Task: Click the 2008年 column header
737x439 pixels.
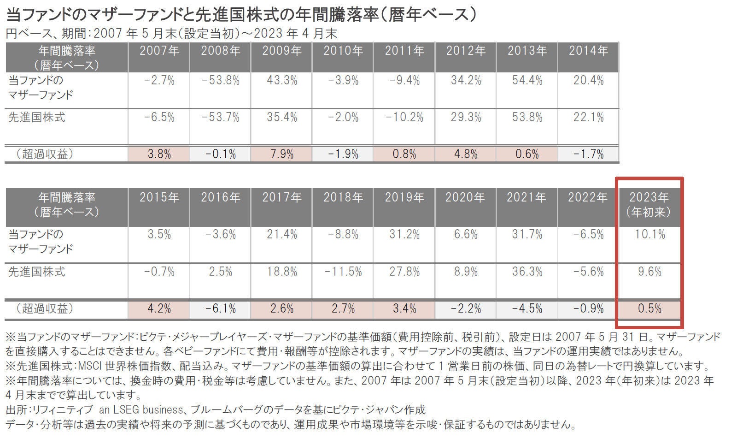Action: [220, 51]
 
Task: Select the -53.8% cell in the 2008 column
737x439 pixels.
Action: [220, 81]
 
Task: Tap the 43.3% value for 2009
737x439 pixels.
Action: [282, 81]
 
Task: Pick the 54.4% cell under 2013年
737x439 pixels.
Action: [527, 81]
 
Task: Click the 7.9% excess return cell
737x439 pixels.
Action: [282, 154]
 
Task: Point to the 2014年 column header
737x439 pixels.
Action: [588, 51]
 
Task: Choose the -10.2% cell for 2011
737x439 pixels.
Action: [404, 118]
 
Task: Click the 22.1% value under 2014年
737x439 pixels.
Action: [588, 118]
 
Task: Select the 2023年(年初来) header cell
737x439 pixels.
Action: [649, 204]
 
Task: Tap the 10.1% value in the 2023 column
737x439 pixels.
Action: [649, 235]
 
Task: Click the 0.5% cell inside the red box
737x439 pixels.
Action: [649, 308]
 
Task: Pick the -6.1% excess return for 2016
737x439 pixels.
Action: [220, 308]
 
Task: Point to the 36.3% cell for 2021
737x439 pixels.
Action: [527, 272]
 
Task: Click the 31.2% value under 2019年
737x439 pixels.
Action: [404, 235]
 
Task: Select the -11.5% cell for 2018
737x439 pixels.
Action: [343, 272]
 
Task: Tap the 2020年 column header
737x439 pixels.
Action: [465, 198]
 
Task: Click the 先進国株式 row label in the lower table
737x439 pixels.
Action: [37, 272]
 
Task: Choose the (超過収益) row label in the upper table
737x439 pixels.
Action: [45, 154]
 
